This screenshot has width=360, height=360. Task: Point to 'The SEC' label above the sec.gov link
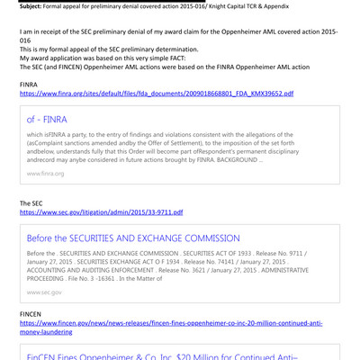[x=31, y=203]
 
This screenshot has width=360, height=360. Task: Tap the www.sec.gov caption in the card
[x=44, y=292]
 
